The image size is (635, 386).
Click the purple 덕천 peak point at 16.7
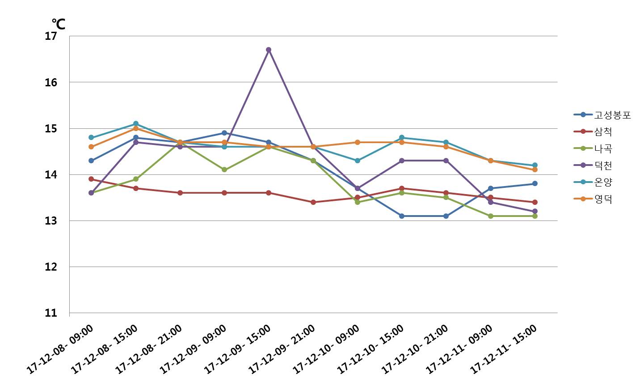tap(269, 50)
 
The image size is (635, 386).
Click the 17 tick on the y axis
tap(51, 36)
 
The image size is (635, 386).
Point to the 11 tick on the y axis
tap(51, 313)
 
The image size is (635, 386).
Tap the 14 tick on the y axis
tap(51, 175)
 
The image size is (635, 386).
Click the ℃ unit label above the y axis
tap(58, 24)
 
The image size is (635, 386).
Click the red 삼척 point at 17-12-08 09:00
tap(91, 179)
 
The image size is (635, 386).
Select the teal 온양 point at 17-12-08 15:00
tap(135, 124)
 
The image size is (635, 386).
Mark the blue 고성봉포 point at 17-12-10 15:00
tap(402, 216)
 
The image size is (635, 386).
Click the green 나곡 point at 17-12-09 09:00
tap(224, 170)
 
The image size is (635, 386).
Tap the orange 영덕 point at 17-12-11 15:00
tap(535, 170)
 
